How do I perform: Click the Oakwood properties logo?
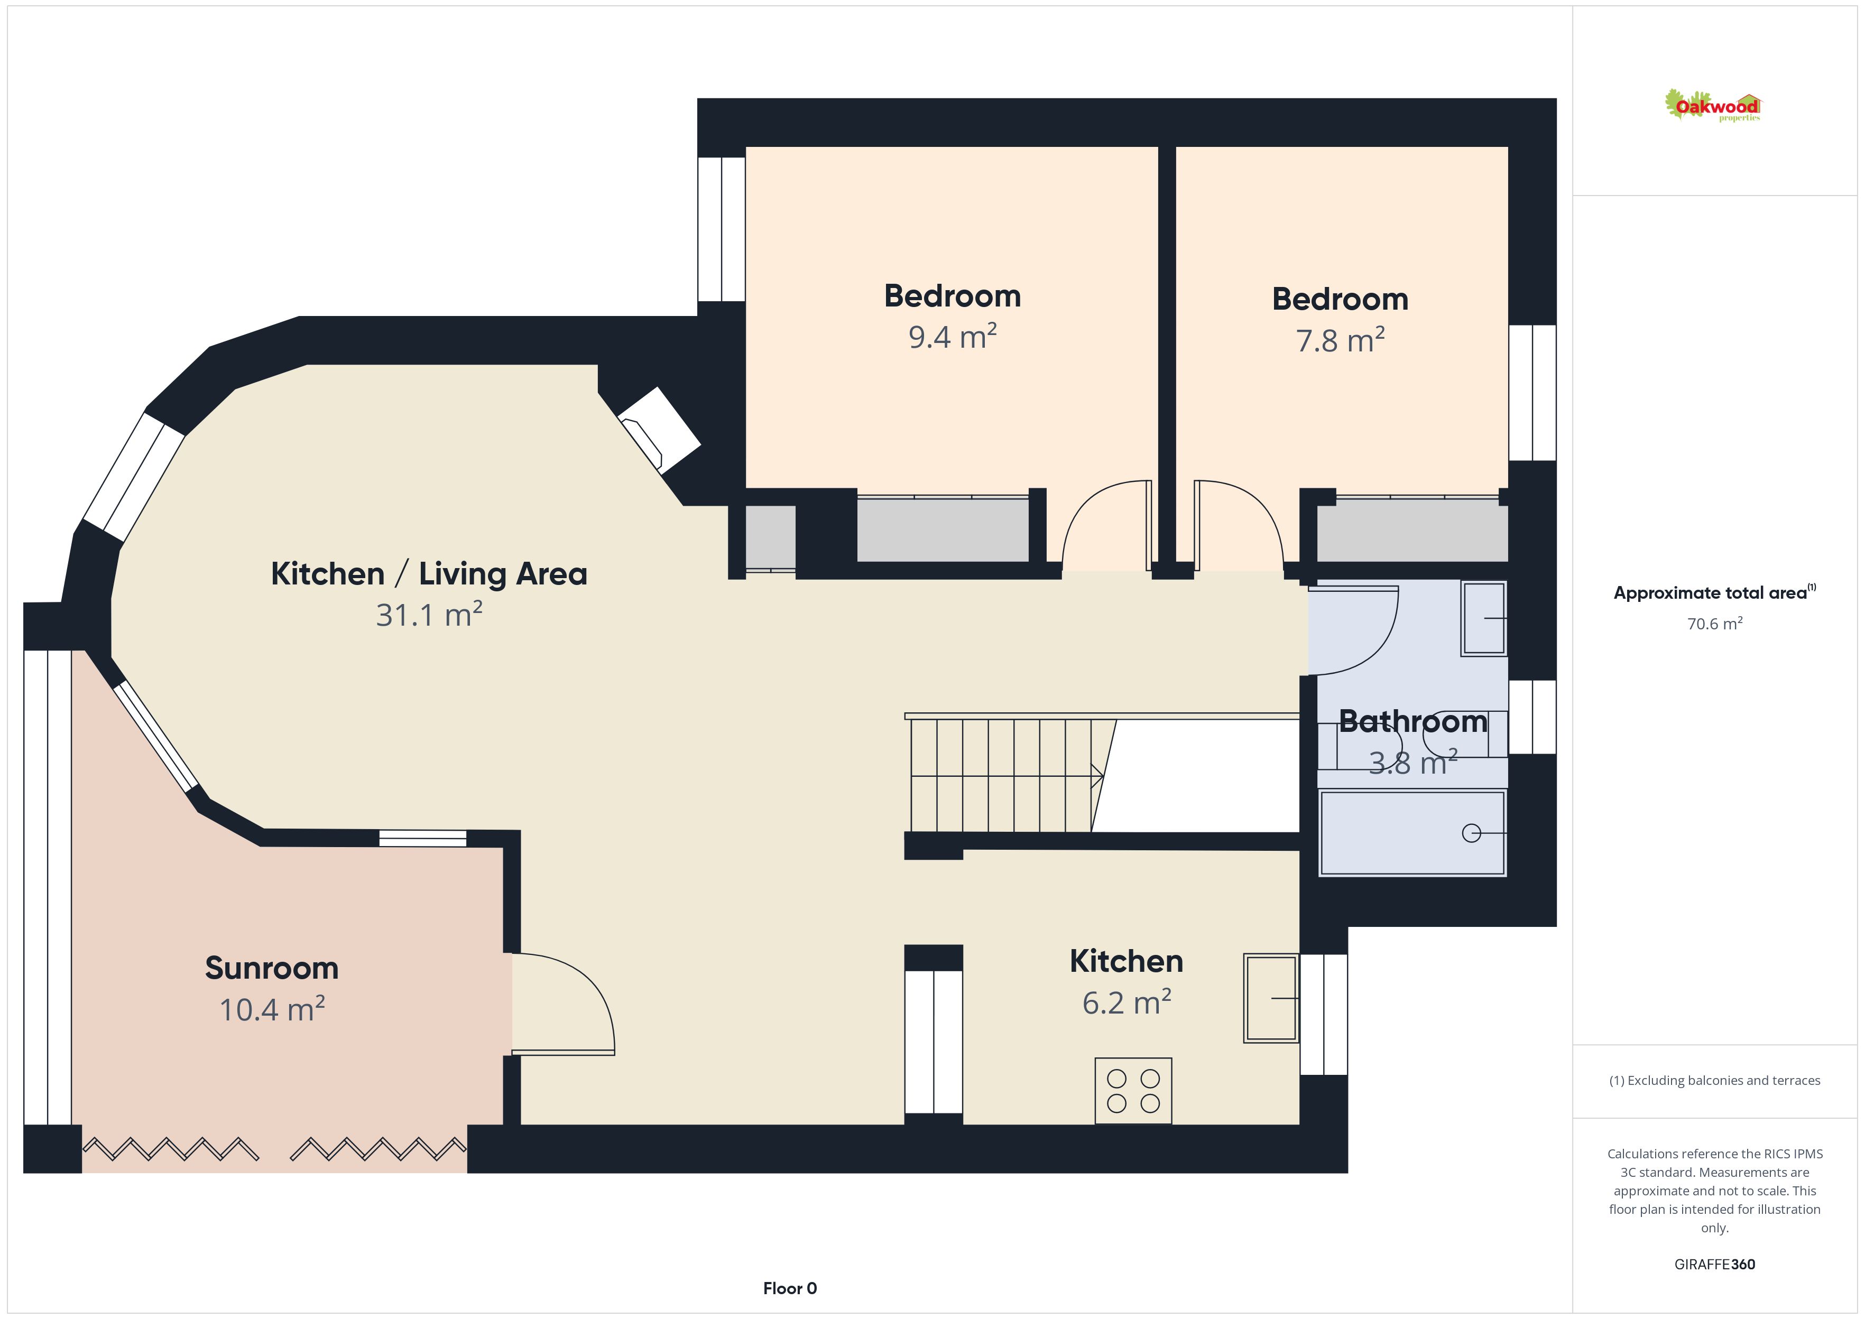tap(1712, 106)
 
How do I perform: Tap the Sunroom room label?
tap(271, 968)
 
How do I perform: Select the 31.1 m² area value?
tap(429, 615)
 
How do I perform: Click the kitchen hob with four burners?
tap(1133, 1091)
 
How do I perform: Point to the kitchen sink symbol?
tap(1271, 998)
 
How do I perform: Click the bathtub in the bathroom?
tap(1412, 833)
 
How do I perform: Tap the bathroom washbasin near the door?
tap(1483, 618)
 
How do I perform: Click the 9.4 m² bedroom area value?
tap(952, 336)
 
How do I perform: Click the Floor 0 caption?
tap(790, 1288)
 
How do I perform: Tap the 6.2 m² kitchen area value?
tap(1126, 1002)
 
